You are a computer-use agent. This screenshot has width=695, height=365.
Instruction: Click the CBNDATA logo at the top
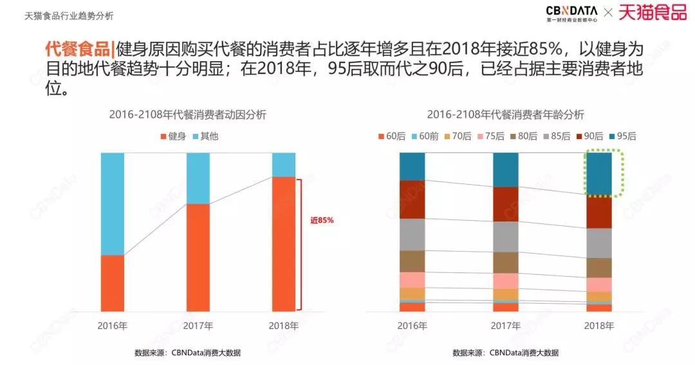[571, 13]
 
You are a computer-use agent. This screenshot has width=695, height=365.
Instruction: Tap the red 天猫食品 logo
[652, 12]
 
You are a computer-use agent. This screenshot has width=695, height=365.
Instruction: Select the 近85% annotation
[322, 220]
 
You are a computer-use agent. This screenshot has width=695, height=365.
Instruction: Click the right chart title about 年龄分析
[505, 115]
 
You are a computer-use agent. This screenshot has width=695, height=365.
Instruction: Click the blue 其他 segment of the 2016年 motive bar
[113, 203]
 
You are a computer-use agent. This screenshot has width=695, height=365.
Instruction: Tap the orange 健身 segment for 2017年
[198, 257]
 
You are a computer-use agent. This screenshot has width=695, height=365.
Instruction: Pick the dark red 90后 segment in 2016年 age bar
[412, 199]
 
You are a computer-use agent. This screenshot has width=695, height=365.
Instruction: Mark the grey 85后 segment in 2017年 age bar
[506, 236]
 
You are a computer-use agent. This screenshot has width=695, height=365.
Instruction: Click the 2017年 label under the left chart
[198, 326]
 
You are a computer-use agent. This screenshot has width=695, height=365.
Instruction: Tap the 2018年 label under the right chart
[599, 326]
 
